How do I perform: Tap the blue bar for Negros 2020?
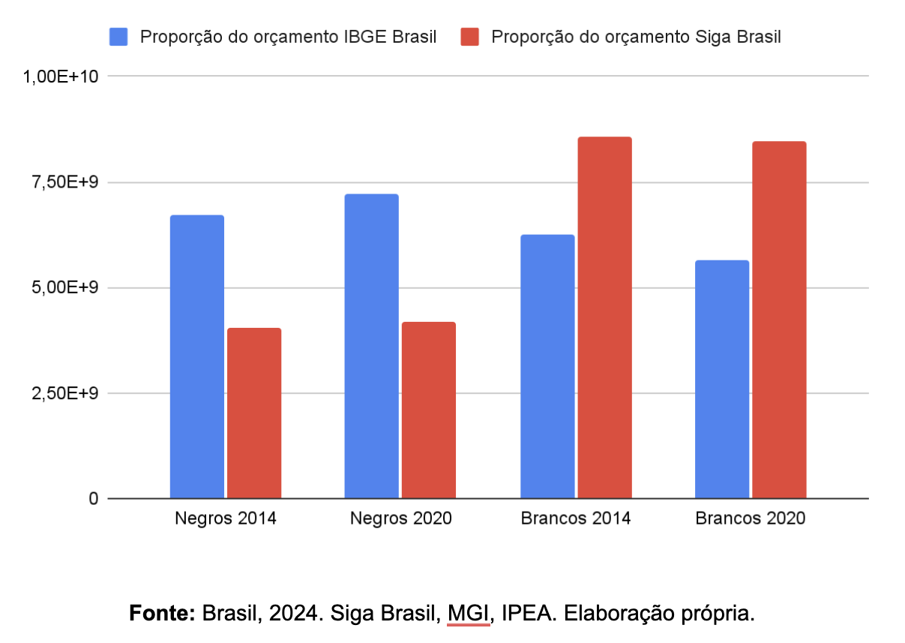pyautogui.click(x=371, y=346)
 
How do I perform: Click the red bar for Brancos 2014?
pyautogui.click(x=604, y=317)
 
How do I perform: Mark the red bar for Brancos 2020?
pyautogui.click(x=779, y=320)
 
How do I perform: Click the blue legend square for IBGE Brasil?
pyautogui.click(x=119, y=37)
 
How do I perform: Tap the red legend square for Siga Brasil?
pyautogui.click(x=470, y=37)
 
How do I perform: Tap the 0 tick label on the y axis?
pyautogui.click(x=93, y=499)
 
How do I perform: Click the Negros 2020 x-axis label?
pyautogui.click(x=401, y=518)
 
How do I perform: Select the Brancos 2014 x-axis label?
pyautogui.click(x=576, y=518)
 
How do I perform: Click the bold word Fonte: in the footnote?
pyautogui.click(x=162, y=612)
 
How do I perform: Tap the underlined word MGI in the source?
pyautogui.click(x=469, y=612)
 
